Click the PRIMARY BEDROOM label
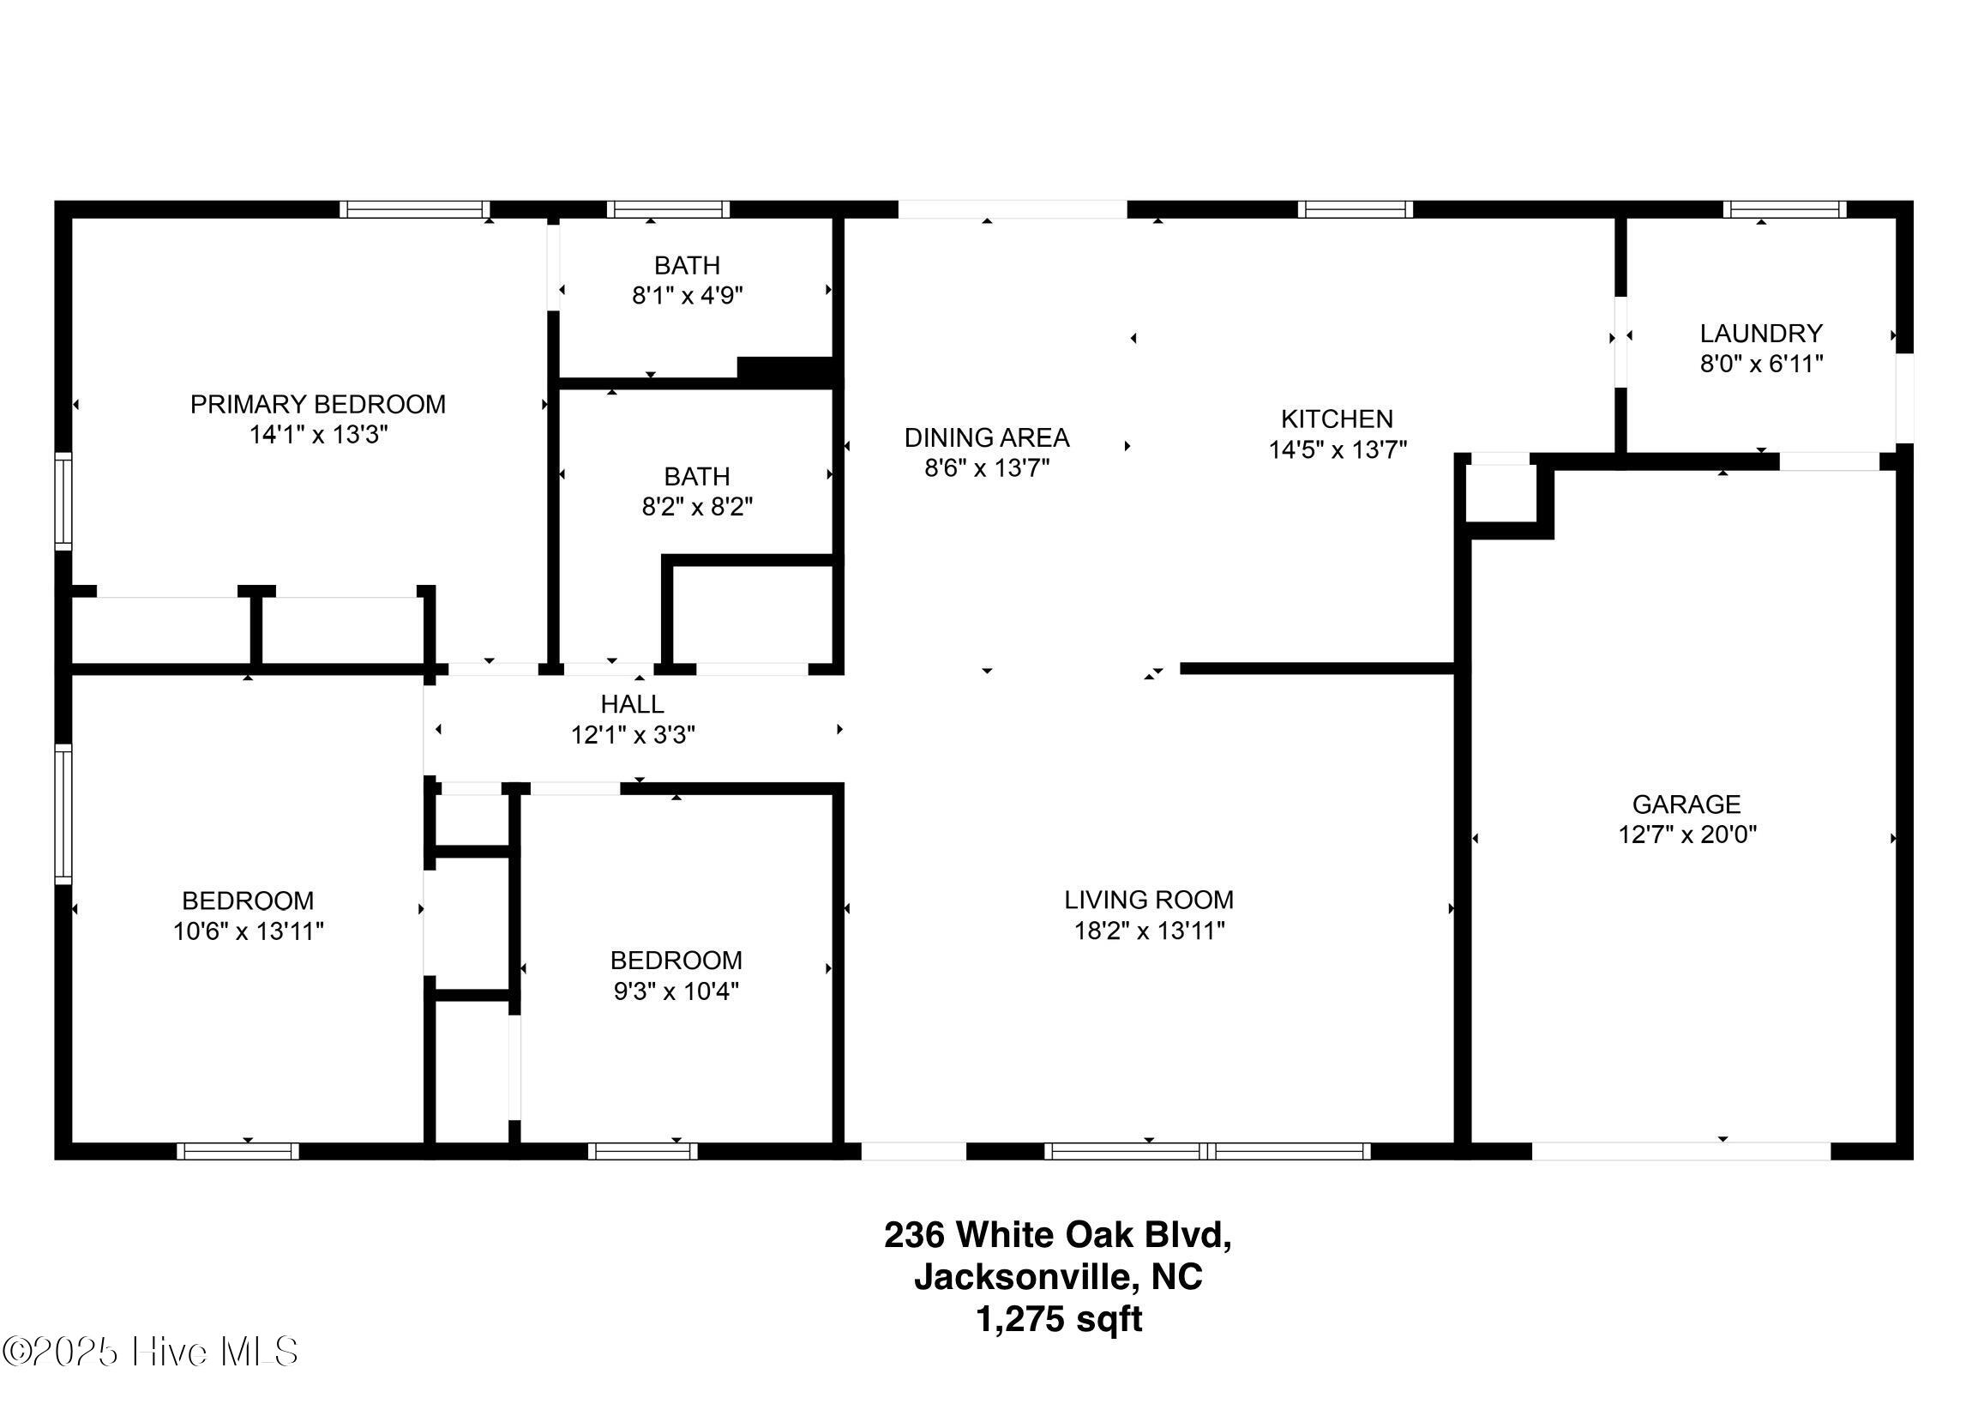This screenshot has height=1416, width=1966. (x=318, y=404)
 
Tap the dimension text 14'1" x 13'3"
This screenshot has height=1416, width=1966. (x=318, y=435)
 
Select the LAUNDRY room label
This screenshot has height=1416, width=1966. (x=1760, y=333)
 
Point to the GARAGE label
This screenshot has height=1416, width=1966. (x=1686, y=804)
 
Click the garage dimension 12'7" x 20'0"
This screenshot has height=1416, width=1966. (x=1686, y=835)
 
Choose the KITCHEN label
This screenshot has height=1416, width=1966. (x=1337, y=419)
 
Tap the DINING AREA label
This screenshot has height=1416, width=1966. (x=987, y=438)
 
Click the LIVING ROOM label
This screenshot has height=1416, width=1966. (x=1149, y=900)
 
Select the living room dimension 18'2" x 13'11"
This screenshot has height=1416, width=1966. (x=1150, y=931)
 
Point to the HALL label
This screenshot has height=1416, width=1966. (x=632, y=704)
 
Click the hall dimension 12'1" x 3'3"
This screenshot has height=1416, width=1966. (x=633, y=734)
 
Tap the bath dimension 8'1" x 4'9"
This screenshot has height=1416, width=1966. (x=688, y=296)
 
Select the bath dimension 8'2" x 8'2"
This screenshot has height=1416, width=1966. (x=697, y=506)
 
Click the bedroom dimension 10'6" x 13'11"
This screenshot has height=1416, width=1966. (x=248, y=931)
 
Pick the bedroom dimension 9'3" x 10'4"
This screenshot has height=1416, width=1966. (x=676, y=991)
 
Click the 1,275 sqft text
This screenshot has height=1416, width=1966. (x=1058, y=1319)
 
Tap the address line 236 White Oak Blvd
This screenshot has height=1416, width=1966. (x=1057, y=1234)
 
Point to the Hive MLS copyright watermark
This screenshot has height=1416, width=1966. (x=151, y=1352)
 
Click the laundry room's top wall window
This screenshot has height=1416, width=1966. (x=1784, y=209)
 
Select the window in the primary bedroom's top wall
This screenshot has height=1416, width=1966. (x=414, y=209)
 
